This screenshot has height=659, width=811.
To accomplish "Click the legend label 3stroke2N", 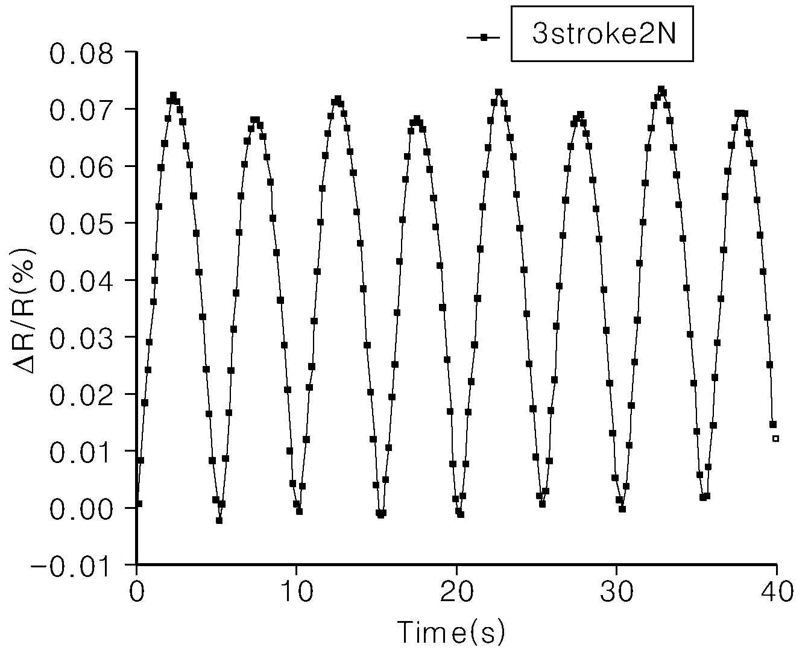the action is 604,34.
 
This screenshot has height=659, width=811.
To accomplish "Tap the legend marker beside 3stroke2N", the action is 483,37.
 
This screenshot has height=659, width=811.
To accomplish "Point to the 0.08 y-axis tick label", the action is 81,54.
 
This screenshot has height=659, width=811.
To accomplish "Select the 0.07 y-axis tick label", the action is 81,110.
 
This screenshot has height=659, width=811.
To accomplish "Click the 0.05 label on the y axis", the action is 81,224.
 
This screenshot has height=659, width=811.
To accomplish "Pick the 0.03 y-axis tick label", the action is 81,338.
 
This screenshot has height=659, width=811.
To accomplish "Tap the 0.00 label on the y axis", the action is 81,509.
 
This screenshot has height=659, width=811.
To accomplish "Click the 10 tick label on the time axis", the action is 297,591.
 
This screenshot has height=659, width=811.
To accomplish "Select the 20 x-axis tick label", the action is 457,591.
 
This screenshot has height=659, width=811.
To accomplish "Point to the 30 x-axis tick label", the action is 617,591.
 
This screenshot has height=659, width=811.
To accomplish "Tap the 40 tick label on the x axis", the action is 777,591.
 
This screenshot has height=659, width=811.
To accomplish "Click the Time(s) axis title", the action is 451,632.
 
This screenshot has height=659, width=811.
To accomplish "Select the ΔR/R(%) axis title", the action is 24,311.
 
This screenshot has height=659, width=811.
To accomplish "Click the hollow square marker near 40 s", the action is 775,438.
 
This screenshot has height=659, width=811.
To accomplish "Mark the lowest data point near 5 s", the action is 219,520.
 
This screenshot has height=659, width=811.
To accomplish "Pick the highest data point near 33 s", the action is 661,89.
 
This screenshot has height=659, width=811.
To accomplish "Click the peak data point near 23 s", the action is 499,92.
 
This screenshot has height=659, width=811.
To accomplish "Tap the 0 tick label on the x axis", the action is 137,591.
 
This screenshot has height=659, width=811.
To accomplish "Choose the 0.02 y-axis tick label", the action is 81,396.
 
